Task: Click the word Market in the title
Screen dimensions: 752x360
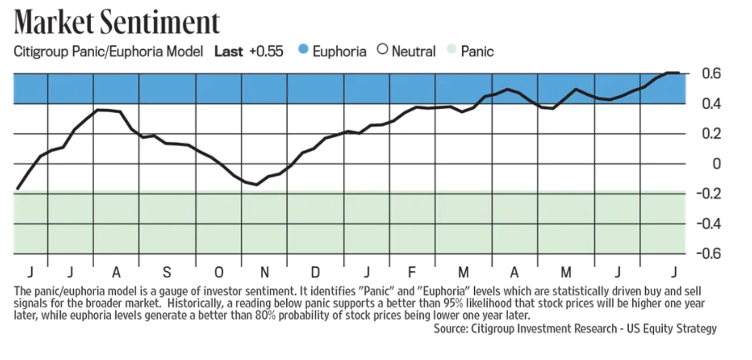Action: [x=54, y=22]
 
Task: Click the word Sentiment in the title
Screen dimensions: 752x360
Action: [x=160, y=22]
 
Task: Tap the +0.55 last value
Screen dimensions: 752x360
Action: [x=266, y=51]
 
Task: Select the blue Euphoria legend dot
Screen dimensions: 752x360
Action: [x=303, y=49]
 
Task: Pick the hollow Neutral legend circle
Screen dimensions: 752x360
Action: [x=382, y=49]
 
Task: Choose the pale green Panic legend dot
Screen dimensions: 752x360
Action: [x=451, y=49]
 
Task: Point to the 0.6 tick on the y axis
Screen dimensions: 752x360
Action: [x=712, y=73]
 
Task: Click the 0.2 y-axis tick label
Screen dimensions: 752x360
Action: [x=712, y=134]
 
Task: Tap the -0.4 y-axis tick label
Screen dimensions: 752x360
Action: [x=708, y=224]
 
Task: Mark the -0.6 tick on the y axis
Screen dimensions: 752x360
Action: [x=708, y=253]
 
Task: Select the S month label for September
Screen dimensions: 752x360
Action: [x=167, y=272]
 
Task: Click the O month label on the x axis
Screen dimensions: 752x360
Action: [x=219, y=272]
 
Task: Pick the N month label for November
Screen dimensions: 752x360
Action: [x=264, y=272]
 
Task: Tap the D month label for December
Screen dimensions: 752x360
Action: [x=315, y=272]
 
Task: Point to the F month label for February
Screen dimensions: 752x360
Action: [x=411, y=272]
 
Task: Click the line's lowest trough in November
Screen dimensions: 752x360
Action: [x=257, y=184]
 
